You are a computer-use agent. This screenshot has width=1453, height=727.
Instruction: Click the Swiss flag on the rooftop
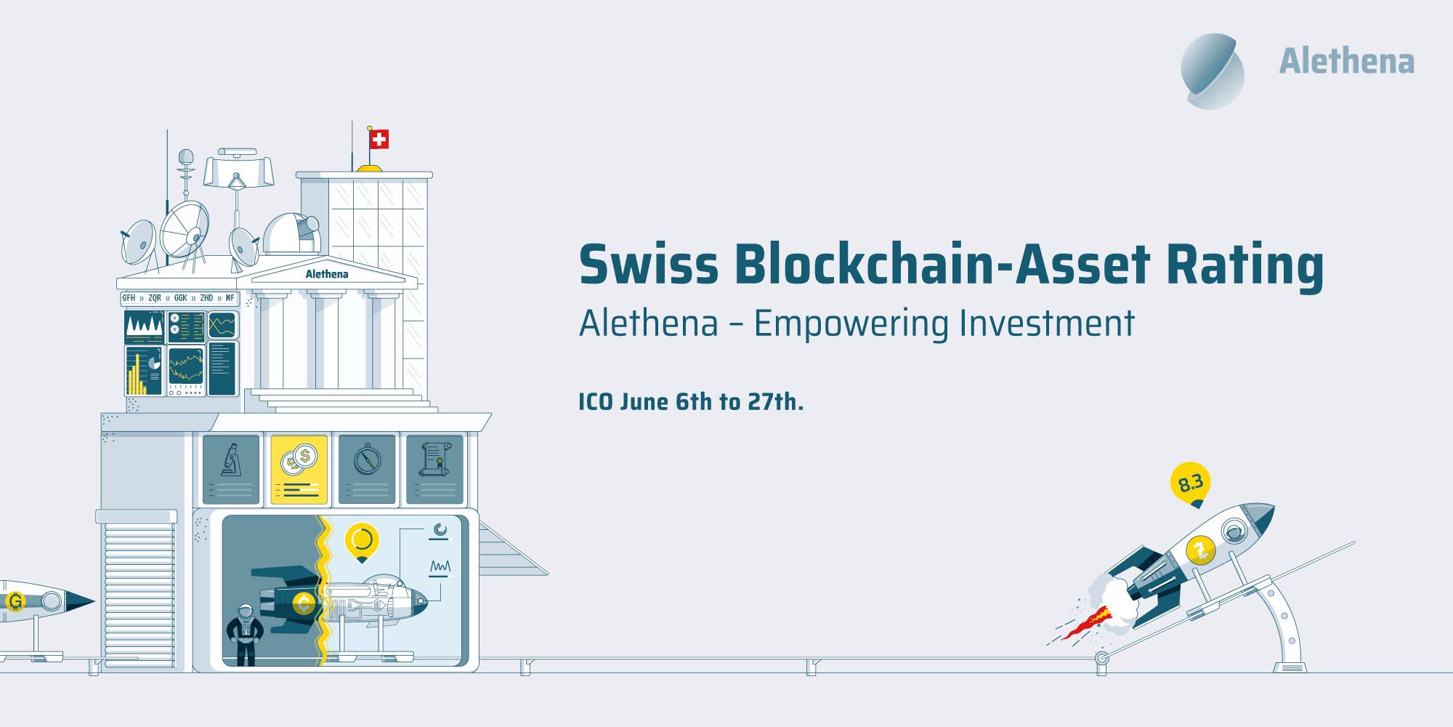click(x=379, y=139)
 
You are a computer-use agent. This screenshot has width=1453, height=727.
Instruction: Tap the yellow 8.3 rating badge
click(x=1191, y=483)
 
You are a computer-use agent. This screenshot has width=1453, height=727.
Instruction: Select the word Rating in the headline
click(x=1244, y=267)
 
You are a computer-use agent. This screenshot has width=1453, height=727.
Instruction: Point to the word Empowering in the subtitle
click(x=851, y=324)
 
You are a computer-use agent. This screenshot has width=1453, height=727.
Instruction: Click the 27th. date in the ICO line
click(x=776, y=401)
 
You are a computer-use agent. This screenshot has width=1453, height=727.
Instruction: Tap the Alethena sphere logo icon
click(x=1213, y=71)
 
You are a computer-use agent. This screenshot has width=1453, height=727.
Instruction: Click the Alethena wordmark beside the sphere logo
click(x=1346, y=61)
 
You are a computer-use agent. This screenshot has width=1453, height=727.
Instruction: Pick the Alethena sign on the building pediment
click(x=326, y=274)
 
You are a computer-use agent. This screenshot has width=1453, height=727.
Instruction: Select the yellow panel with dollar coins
click(x=299, y=470)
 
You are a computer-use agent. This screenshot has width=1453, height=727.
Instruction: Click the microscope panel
click(x=231, y=470)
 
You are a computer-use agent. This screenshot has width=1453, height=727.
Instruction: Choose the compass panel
click(x=368, y=470)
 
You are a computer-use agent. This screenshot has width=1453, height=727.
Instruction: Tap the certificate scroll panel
click(x=434, y=470)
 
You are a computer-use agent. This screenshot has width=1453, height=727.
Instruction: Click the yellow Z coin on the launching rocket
click(x=1200, y=549)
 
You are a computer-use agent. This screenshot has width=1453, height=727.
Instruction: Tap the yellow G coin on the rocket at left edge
click(x=15, y=601)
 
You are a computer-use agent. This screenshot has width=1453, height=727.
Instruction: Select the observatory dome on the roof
click(x=291, y=234)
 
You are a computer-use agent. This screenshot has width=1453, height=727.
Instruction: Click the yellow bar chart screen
click(x=144, y=371)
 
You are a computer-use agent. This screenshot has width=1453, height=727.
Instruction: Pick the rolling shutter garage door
click(x=139, y=594)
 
